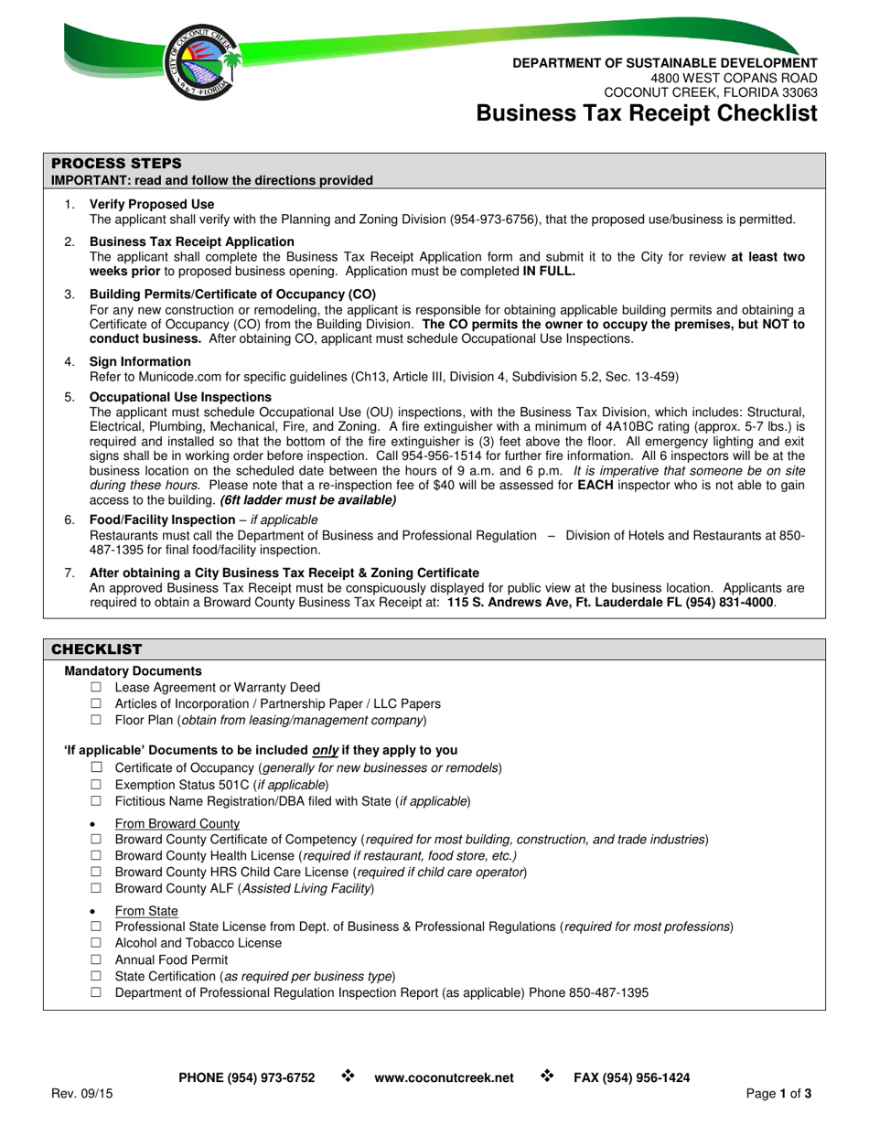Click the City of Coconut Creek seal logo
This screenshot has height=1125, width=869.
tap(202, 63)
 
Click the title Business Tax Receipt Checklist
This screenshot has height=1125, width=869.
tap(647, 113)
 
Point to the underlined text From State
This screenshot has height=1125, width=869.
tap(146, 911)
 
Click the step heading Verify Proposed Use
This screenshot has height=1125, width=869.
tap(152, 204)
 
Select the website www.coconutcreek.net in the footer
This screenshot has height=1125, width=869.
tap(444, 1078)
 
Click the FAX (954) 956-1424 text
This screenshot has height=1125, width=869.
tap(631, 1078)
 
